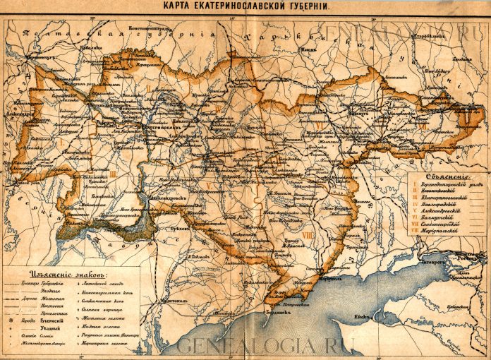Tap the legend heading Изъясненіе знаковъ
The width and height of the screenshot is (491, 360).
click(64, 272)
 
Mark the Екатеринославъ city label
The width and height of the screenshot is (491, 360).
click(158, 128)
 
